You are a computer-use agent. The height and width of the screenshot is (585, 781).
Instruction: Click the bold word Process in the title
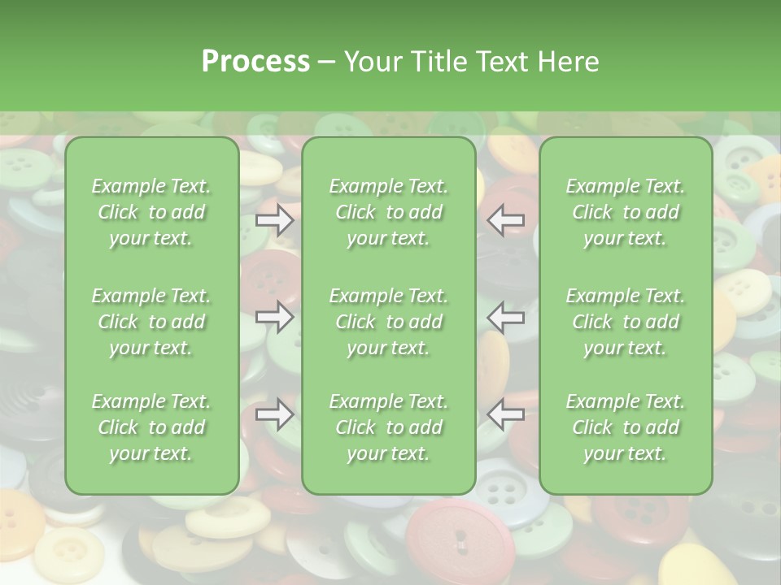(x=255, y=62)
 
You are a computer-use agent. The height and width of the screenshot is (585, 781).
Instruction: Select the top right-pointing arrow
(x=275, y=219)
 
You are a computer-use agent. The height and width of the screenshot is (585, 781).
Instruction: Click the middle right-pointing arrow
(x=275, y=317)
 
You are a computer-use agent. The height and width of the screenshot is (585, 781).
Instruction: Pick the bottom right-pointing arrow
(x=275, y=414)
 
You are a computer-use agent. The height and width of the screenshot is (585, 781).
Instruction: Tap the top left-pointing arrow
(x=505, y=219)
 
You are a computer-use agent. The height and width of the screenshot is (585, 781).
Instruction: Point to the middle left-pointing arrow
(x=505, y=317)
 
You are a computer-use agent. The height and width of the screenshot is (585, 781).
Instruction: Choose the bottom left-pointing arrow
(x=505, y=414)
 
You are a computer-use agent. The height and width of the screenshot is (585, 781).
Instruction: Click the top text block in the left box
(x=151, y=212)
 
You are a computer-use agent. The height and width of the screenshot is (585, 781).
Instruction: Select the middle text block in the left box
(x=151, y=322)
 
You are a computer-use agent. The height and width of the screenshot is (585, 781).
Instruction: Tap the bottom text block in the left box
(x=151, y=427)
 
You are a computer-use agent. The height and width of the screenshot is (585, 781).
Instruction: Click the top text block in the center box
(x=388, y=212)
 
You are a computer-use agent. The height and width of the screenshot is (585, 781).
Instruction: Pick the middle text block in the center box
(x=388, y=322)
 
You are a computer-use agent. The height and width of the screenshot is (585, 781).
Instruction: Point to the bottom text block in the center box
(x=388, y=427)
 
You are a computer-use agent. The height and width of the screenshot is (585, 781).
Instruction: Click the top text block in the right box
(x=625, y=212)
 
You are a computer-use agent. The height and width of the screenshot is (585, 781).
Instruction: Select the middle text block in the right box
(x=625, y=322)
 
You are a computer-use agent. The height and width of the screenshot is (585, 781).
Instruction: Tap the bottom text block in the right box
(x=625, y=427)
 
